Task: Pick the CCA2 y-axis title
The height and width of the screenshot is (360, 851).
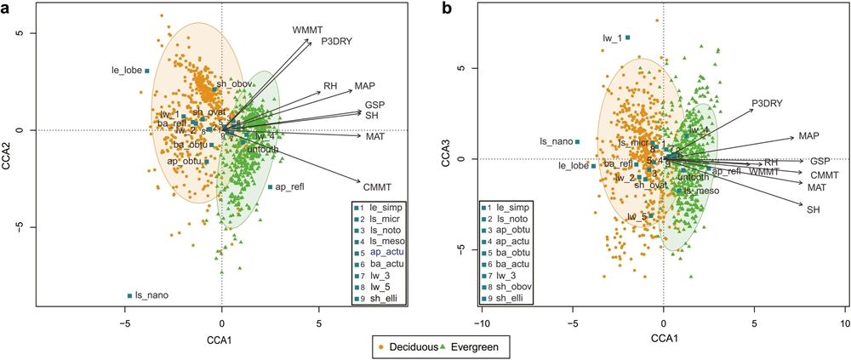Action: (x=9, y=146)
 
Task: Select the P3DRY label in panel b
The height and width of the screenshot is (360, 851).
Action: (x=767, y=104)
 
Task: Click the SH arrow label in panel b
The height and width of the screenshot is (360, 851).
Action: (x=814, y=209)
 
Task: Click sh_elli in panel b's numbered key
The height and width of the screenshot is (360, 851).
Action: (x=514, y=298)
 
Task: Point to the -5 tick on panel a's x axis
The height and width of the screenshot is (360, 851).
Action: (x=125, y=323)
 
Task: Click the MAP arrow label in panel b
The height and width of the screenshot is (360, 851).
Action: (x=808, y=136)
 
